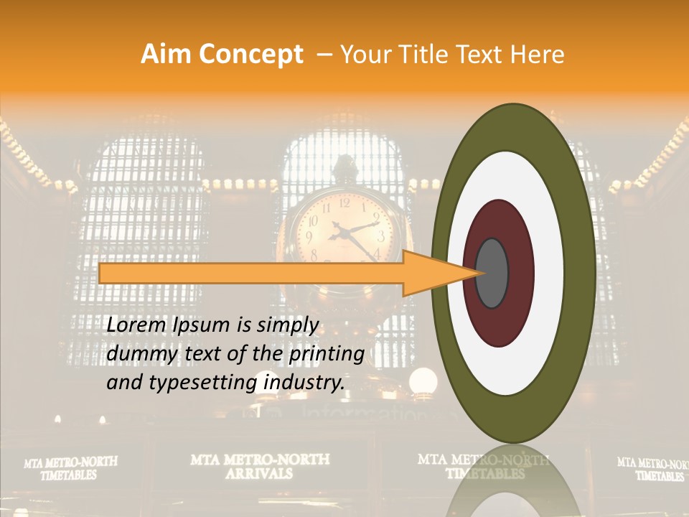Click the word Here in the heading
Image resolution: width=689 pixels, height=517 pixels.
pos(538,55)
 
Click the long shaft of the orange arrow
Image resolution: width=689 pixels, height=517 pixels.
pos(251,273)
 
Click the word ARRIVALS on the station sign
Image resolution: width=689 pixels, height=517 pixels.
pos(259,474)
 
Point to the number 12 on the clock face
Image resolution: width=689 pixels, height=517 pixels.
pos(344,202)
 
